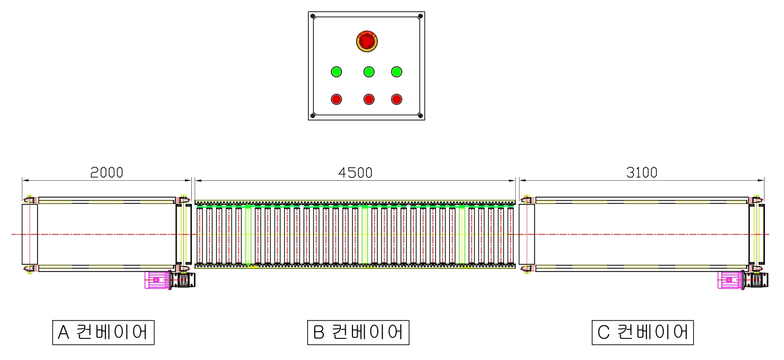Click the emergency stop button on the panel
tap(367, 41)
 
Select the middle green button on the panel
tap(369, 72)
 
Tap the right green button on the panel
tap(397, 72)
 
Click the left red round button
tap(336, 99)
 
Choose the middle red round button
tap(369, 99)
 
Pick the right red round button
tap(397, 99)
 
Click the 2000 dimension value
tap(106, 172)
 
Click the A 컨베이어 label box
tap(103, 332)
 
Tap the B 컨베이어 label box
tap(358, 332)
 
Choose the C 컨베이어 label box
tap(643, 332)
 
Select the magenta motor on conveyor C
tap(730, 280)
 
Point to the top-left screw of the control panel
tap(313, 16)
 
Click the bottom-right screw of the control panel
tap(419, 115)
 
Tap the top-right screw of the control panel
tap(419, 16)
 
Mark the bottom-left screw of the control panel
tap(313, 115)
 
